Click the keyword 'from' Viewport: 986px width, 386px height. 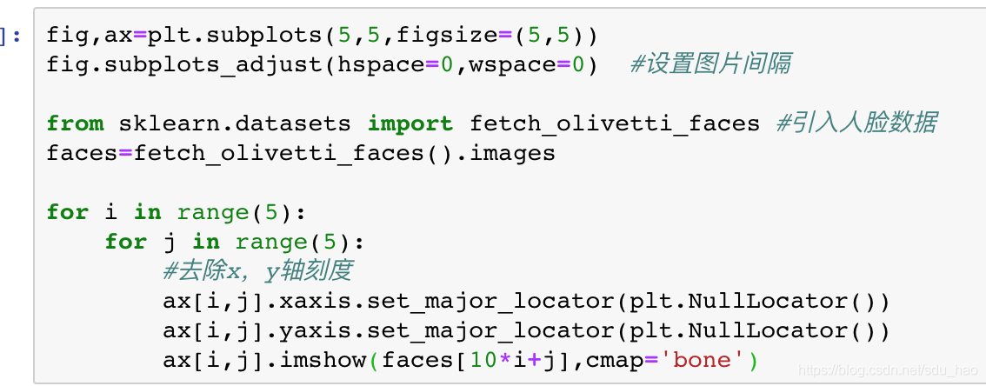pos(75,123)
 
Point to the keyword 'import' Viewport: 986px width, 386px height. pos(410,123)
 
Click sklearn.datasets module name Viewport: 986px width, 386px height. pos(235,123)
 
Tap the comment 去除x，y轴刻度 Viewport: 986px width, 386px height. pos(257,271)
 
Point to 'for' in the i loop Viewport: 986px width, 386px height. pos(67,213)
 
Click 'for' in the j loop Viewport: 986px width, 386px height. pos(125,242)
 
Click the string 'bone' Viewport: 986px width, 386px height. pos(703,361)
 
